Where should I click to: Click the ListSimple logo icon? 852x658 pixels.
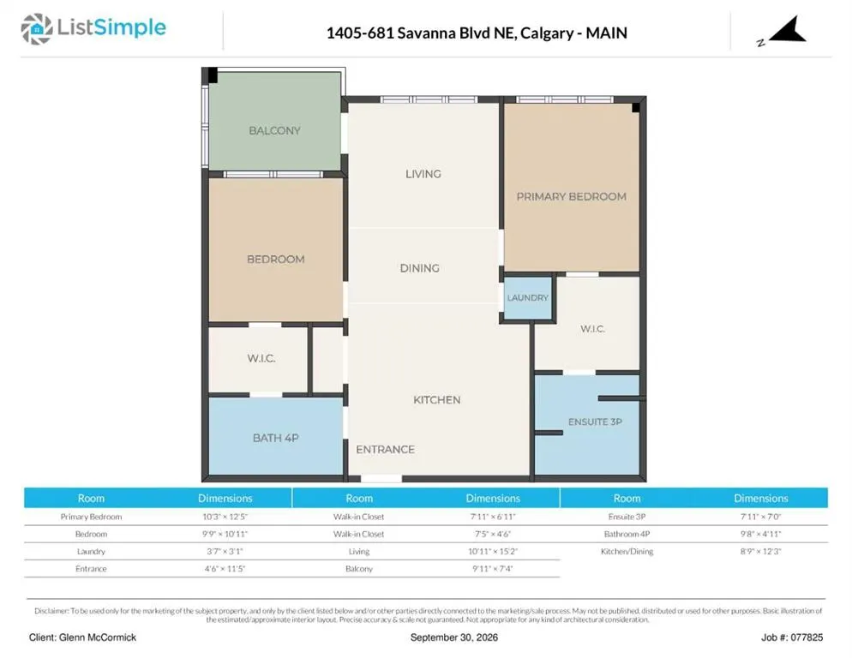pyautogui.click(x=36, y=29)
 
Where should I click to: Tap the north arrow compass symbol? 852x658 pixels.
pyautogui.click(x=788, y=30)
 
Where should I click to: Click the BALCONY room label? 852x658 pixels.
pyautogui.click(x=274, y=130)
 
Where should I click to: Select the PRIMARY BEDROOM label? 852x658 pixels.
pyautogui.click(x=571, y=196)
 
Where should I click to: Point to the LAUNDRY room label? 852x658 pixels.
pyautogui.click(x=528, y=298)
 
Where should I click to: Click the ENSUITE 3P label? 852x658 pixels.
pyautogui.click(x=595, y=422)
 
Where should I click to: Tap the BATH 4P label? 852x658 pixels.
pyautogui.click(x=275, y=438)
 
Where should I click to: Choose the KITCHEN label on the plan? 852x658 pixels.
pyautogui.click(x=437, y=400)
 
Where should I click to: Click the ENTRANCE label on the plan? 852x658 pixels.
pyautogui.click(x=385, y=449)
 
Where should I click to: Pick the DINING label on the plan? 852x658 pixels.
pyautogui.click(x=419, y=268)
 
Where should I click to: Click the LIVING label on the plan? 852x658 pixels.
pyautogui.click(x=423, y=174)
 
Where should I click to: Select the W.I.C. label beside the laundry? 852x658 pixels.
pyautogui.click(x=592, y=329)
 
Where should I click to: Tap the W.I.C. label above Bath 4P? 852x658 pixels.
pyautogui.click(x=261, y=358)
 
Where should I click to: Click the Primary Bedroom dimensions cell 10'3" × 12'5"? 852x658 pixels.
pyautogui.click(x=225, y=517)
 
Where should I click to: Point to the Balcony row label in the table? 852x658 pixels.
pyautogui.click(x=359, y=569)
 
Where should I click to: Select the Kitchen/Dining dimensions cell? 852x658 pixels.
pyautogui.click(x=761, y=552)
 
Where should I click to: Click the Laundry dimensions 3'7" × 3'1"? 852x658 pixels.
pyautogui.click(x=225, y=552)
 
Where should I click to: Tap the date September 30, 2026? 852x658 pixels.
pyautogui.click(x=454, y=637)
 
